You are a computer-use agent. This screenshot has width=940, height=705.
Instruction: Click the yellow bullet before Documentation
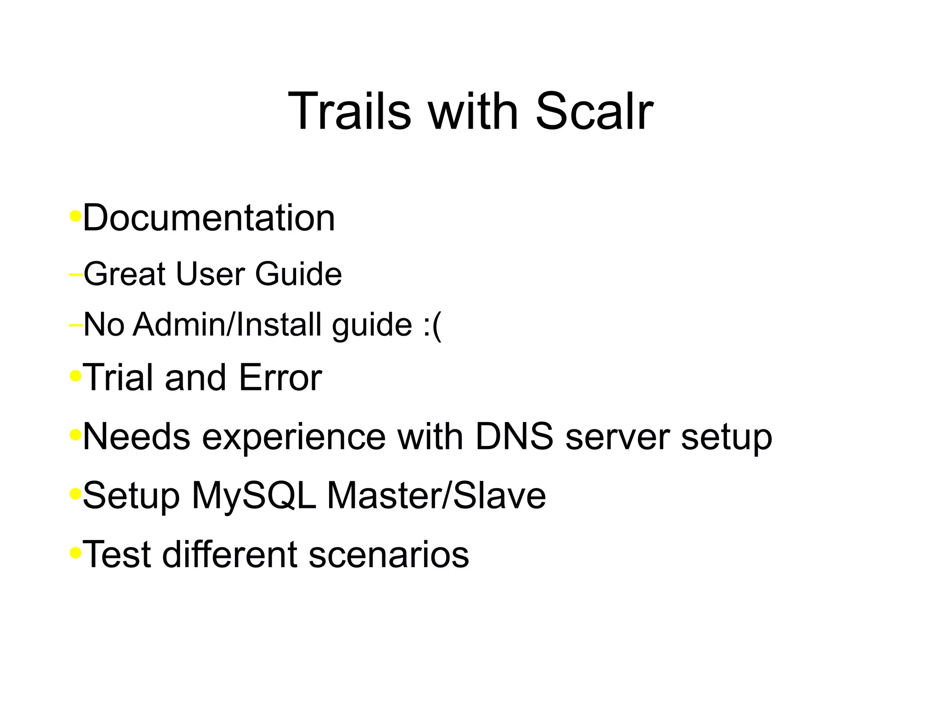pyautogui.click(x=75, y=215)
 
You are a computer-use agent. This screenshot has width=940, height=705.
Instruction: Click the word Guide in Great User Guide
pyautogui.click(x=298, y=274)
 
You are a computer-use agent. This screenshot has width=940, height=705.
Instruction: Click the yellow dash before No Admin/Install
pyautogui.click(x=75, y=325)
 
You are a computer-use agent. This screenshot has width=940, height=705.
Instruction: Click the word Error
pyautogui.click(x=280, y=378)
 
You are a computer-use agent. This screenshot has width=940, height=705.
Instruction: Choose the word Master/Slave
pyautogui.click(x=436, y=496)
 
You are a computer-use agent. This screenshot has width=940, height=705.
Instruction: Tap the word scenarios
pyautogui.click(x=389, y=555)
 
